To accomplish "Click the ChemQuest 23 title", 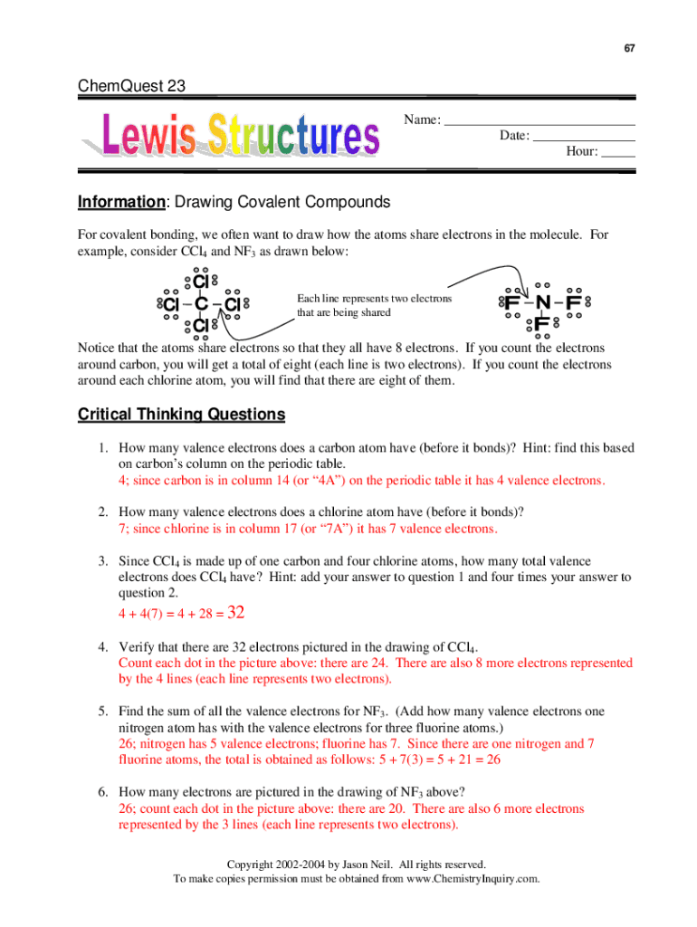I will pyautogui.click(x=131, y=87).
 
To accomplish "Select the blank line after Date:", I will pyautogui.click(x=583, y=136).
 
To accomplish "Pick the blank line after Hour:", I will pyautogui.click(x=618, y=151).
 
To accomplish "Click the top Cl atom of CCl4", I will pyautogui.click(x=201, y=282).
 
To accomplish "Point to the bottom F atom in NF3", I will pyautogui.click(x=541, y=323).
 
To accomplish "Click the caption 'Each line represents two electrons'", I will pyautogui.click(x=374, y=299).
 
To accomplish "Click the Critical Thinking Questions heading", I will pyautogui.click(x=181, y=415).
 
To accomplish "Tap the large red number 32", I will pyautogui.click(x=235, y=613).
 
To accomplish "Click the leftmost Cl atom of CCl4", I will pyautogui.click(x=169, y=304).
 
